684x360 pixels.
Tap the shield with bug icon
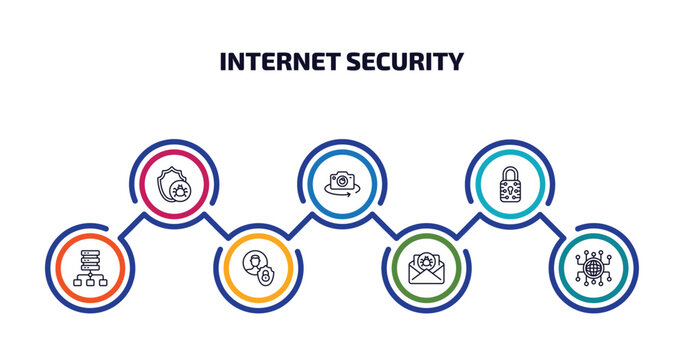[174, 184]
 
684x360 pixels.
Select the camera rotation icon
[342, 184]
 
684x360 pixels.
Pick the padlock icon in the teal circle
[510, 184]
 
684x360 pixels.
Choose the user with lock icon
[258, 268]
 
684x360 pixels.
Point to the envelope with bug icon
[426, 268]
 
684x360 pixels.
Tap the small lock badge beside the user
[266, 276]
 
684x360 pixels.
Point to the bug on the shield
[181, 190]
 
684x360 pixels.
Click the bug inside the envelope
[426, 262]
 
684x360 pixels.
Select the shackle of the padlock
[510, 173]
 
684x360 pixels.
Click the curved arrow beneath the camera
[342, 195]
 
